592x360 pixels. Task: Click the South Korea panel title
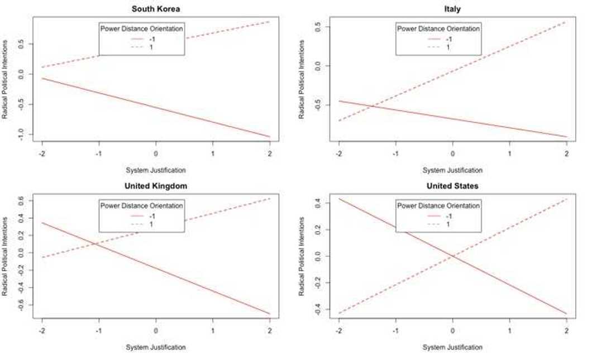156,8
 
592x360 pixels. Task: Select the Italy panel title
452,8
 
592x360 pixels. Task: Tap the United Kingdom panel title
156,186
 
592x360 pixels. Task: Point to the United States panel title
452,186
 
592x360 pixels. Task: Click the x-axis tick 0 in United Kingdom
156,330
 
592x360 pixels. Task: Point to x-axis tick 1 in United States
509,330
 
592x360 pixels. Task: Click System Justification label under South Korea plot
156,170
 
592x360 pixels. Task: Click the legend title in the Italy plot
438,28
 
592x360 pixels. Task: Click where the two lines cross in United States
452,256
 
